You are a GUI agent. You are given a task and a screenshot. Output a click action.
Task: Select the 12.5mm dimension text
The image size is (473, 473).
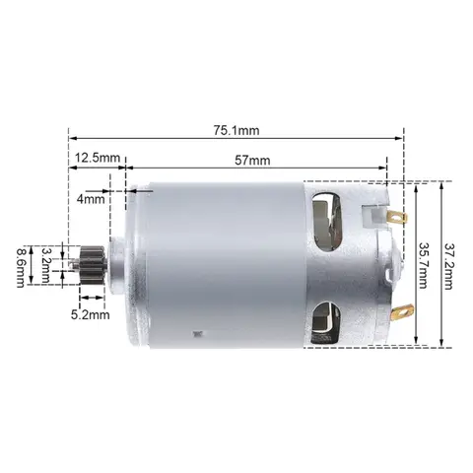[x=97, y=157]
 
